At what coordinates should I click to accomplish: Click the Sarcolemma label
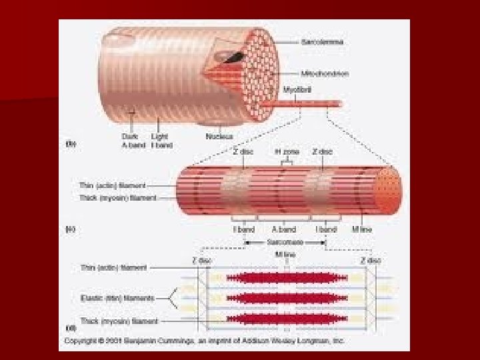point(323,41)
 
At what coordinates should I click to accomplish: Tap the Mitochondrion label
point(325,73)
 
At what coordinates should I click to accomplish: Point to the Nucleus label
point(219,136)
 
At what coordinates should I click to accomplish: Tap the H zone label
point(287,151)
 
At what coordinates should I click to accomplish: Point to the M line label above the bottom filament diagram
point(286,254)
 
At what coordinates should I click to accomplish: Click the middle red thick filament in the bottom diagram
point(287,297)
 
